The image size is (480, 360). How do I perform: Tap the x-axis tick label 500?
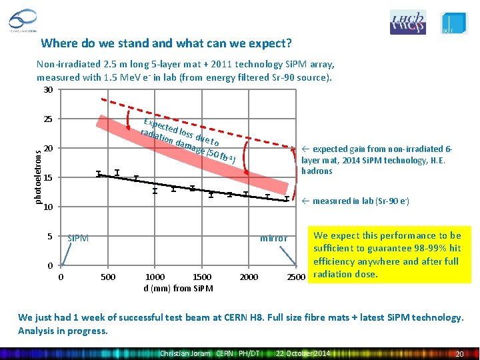107,277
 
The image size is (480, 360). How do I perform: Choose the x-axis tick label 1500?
201,277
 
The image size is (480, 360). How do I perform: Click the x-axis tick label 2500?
296,277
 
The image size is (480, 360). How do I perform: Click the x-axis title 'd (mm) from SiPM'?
179,288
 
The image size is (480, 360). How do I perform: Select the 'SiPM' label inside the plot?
78,238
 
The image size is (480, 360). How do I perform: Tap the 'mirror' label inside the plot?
273,238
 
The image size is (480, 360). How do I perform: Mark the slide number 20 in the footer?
458,353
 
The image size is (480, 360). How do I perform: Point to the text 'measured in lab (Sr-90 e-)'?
360,201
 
